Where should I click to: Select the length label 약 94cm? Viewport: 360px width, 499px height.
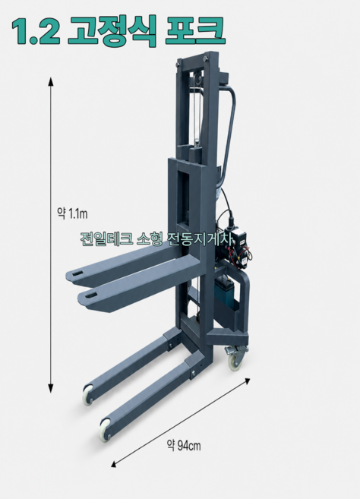184,446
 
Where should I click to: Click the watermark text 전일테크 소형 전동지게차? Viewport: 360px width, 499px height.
156,238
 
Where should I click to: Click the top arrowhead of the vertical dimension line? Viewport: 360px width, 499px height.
51,81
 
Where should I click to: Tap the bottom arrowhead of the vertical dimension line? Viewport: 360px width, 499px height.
51,388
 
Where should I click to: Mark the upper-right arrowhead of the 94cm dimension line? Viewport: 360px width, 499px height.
247,381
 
